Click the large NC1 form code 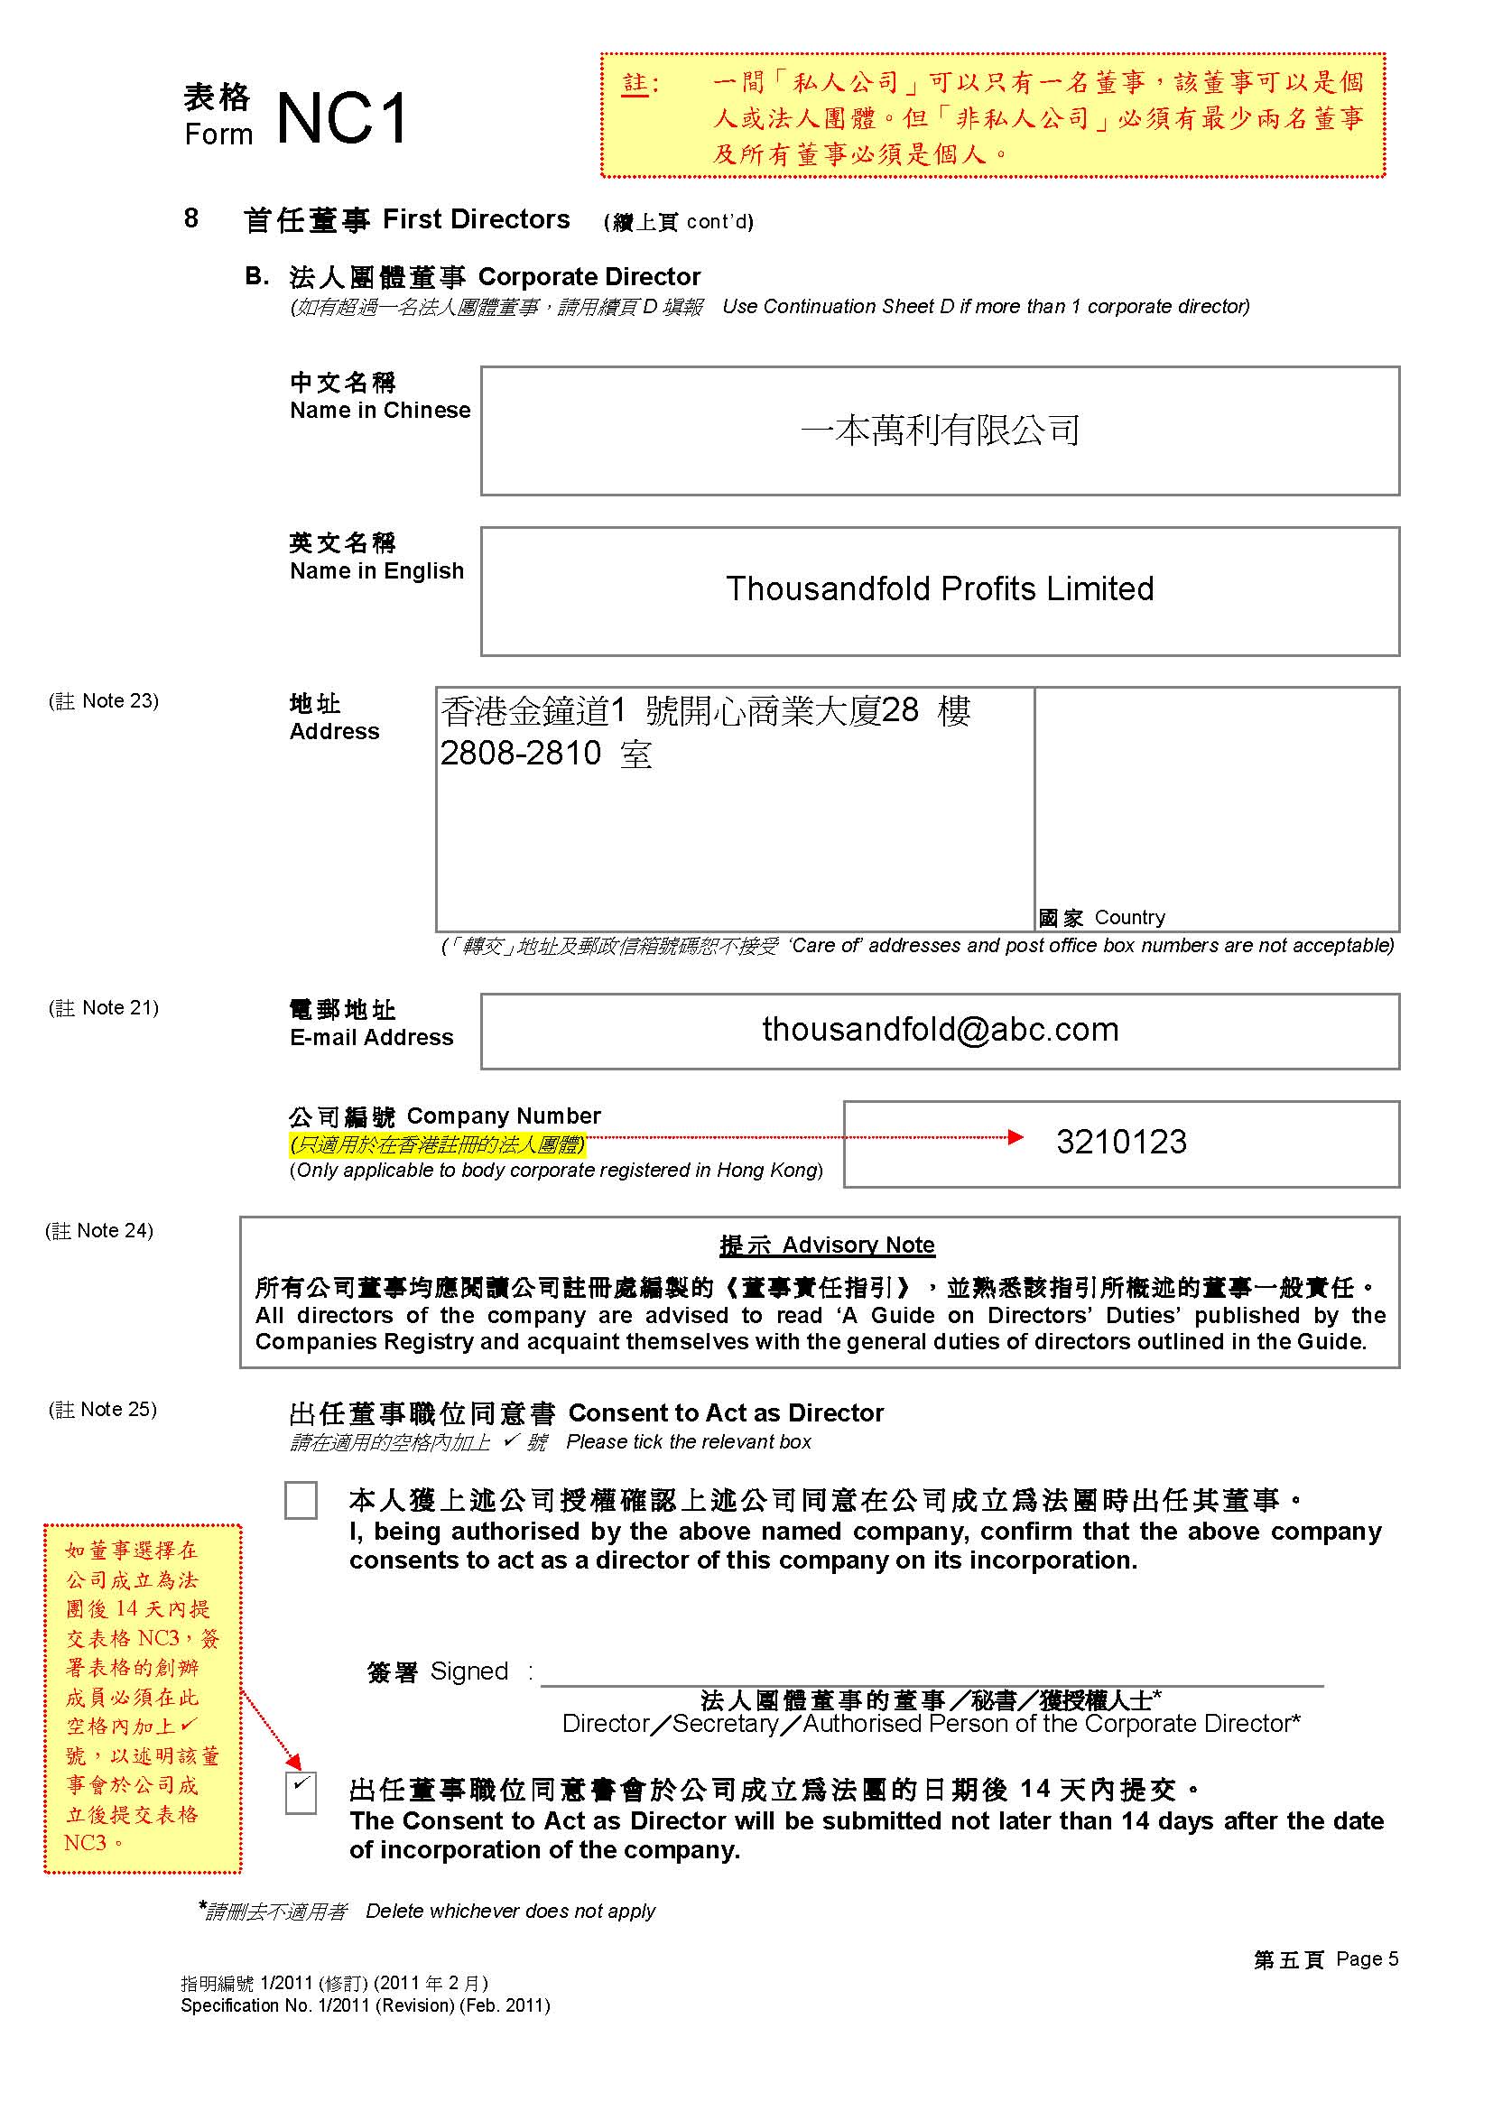pyautogui.click(x=342, y=119)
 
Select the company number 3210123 pyautogui.click(x=1121, y=1142)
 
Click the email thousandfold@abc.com pyautogui.click(x=940, y=1030)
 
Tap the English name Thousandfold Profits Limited pyautogui.click(x=940, y=589)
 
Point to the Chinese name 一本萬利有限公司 pyautogui.click(x=940, y=431)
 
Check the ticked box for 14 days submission pyautogui.click(x=301, y=1793)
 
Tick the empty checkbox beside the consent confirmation pyautogui.click(x=301, y=1500)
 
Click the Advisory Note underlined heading pyautogui.click(x=827, y=1245)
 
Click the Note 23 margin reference pyautogui.click(x=104, y=700)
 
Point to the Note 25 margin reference pyautogui.click(x=103, y=1410)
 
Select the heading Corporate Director pyautogui.click(x=589, y=277)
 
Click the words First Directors pyautogui.click(x=477, y=219)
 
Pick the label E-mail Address pyautogui.click(x=371, y=1037)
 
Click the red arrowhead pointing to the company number pyautogui.click(x=1015, y=1137)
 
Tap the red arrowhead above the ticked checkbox pyautogui.click(x=293, y=1761)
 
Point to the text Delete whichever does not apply pyautogui.click(x=510, y=1912)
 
